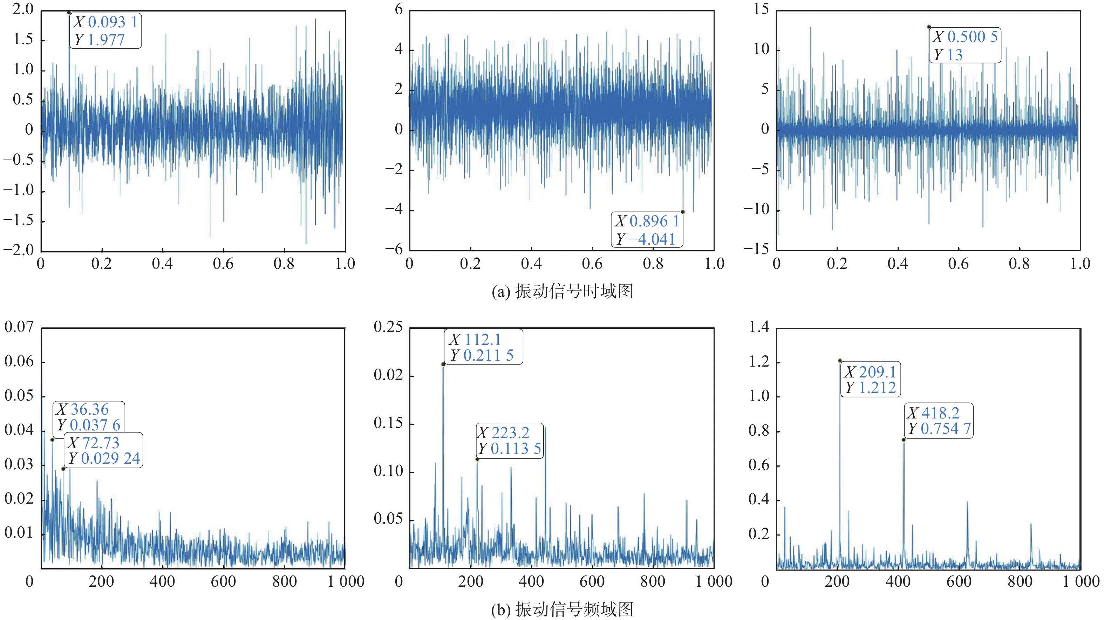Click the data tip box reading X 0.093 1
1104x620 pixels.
[x=105, y=31]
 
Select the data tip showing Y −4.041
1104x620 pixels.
[x=647, y=230]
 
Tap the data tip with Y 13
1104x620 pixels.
[x=965, y=46]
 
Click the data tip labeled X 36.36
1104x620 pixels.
[x=89, y=417]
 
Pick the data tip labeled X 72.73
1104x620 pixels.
[x=104, y=450]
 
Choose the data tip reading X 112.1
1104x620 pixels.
[x=483, y=347]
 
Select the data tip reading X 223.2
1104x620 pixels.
[x=510, y=441]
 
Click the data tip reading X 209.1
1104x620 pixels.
[x=871, y=379]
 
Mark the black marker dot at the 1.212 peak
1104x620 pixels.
[x=840, y=361]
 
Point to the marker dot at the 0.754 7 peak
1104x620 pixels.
[x=904, y=440]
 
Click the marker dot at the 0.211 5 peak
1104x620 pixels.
[x=443, y=364]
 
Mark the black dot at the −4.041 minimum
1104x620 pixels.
[x=683, y=212]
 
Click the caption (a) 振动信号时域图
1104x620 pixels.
[x=562, y=291]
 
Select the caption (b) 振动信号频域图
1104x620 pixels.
[x=562, y=609]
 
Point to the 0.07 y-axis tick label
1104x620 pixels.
[x=19, y=327]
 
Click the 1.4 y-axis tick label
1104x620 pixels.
[x=759, y=327]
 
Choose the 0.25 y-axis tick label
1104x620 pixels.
[x=388, y=327]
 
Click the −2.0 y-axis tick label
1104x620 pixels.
[x=19, y=250]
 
